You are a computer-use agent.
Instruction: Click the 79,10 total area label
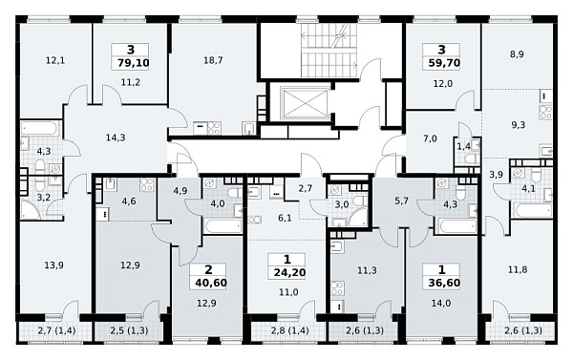(134, 63)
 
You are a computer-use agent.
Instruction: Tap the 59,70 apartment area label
(444, 63)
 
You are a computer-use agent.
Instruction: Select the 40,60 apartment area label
(211, 284)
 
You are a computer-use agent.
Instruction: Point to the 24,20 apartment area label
(289, 272)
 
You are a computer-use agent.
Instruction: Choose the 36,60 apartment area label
(444, 283)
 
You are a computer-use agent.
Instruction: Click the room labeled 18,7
(213, 60)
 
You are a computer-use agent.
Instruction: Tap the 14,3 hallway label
(116, 138)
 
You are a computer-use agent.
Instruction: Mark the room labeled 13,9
(53, 265)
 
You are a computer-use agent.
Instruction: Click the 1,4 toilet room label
(464, 147)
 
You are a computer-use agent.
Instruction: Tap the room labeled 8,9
(517, 54)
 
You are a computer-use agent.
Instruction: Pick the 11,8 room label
(518, 270)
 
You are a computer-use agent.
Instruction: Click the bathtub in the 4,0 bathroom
(223, 226)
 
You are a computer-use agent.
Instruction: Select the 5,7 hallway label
(402, 201)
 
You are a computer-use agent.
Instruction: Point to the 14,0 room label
(441, 303)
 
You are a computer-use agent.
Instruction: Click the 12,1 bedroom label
(55, 60)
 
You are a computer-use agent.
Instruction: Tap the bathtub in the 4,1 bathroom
(533, 210)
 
